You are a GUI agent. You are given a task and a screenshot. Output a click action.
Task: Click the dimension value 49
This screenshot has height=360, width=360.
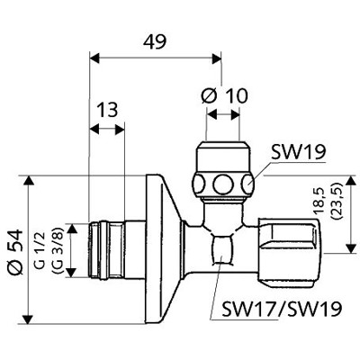coord(156,40)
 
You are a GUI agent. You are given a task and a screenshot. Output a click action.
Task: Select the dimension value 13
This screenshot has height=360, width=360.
coord(107,110)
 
